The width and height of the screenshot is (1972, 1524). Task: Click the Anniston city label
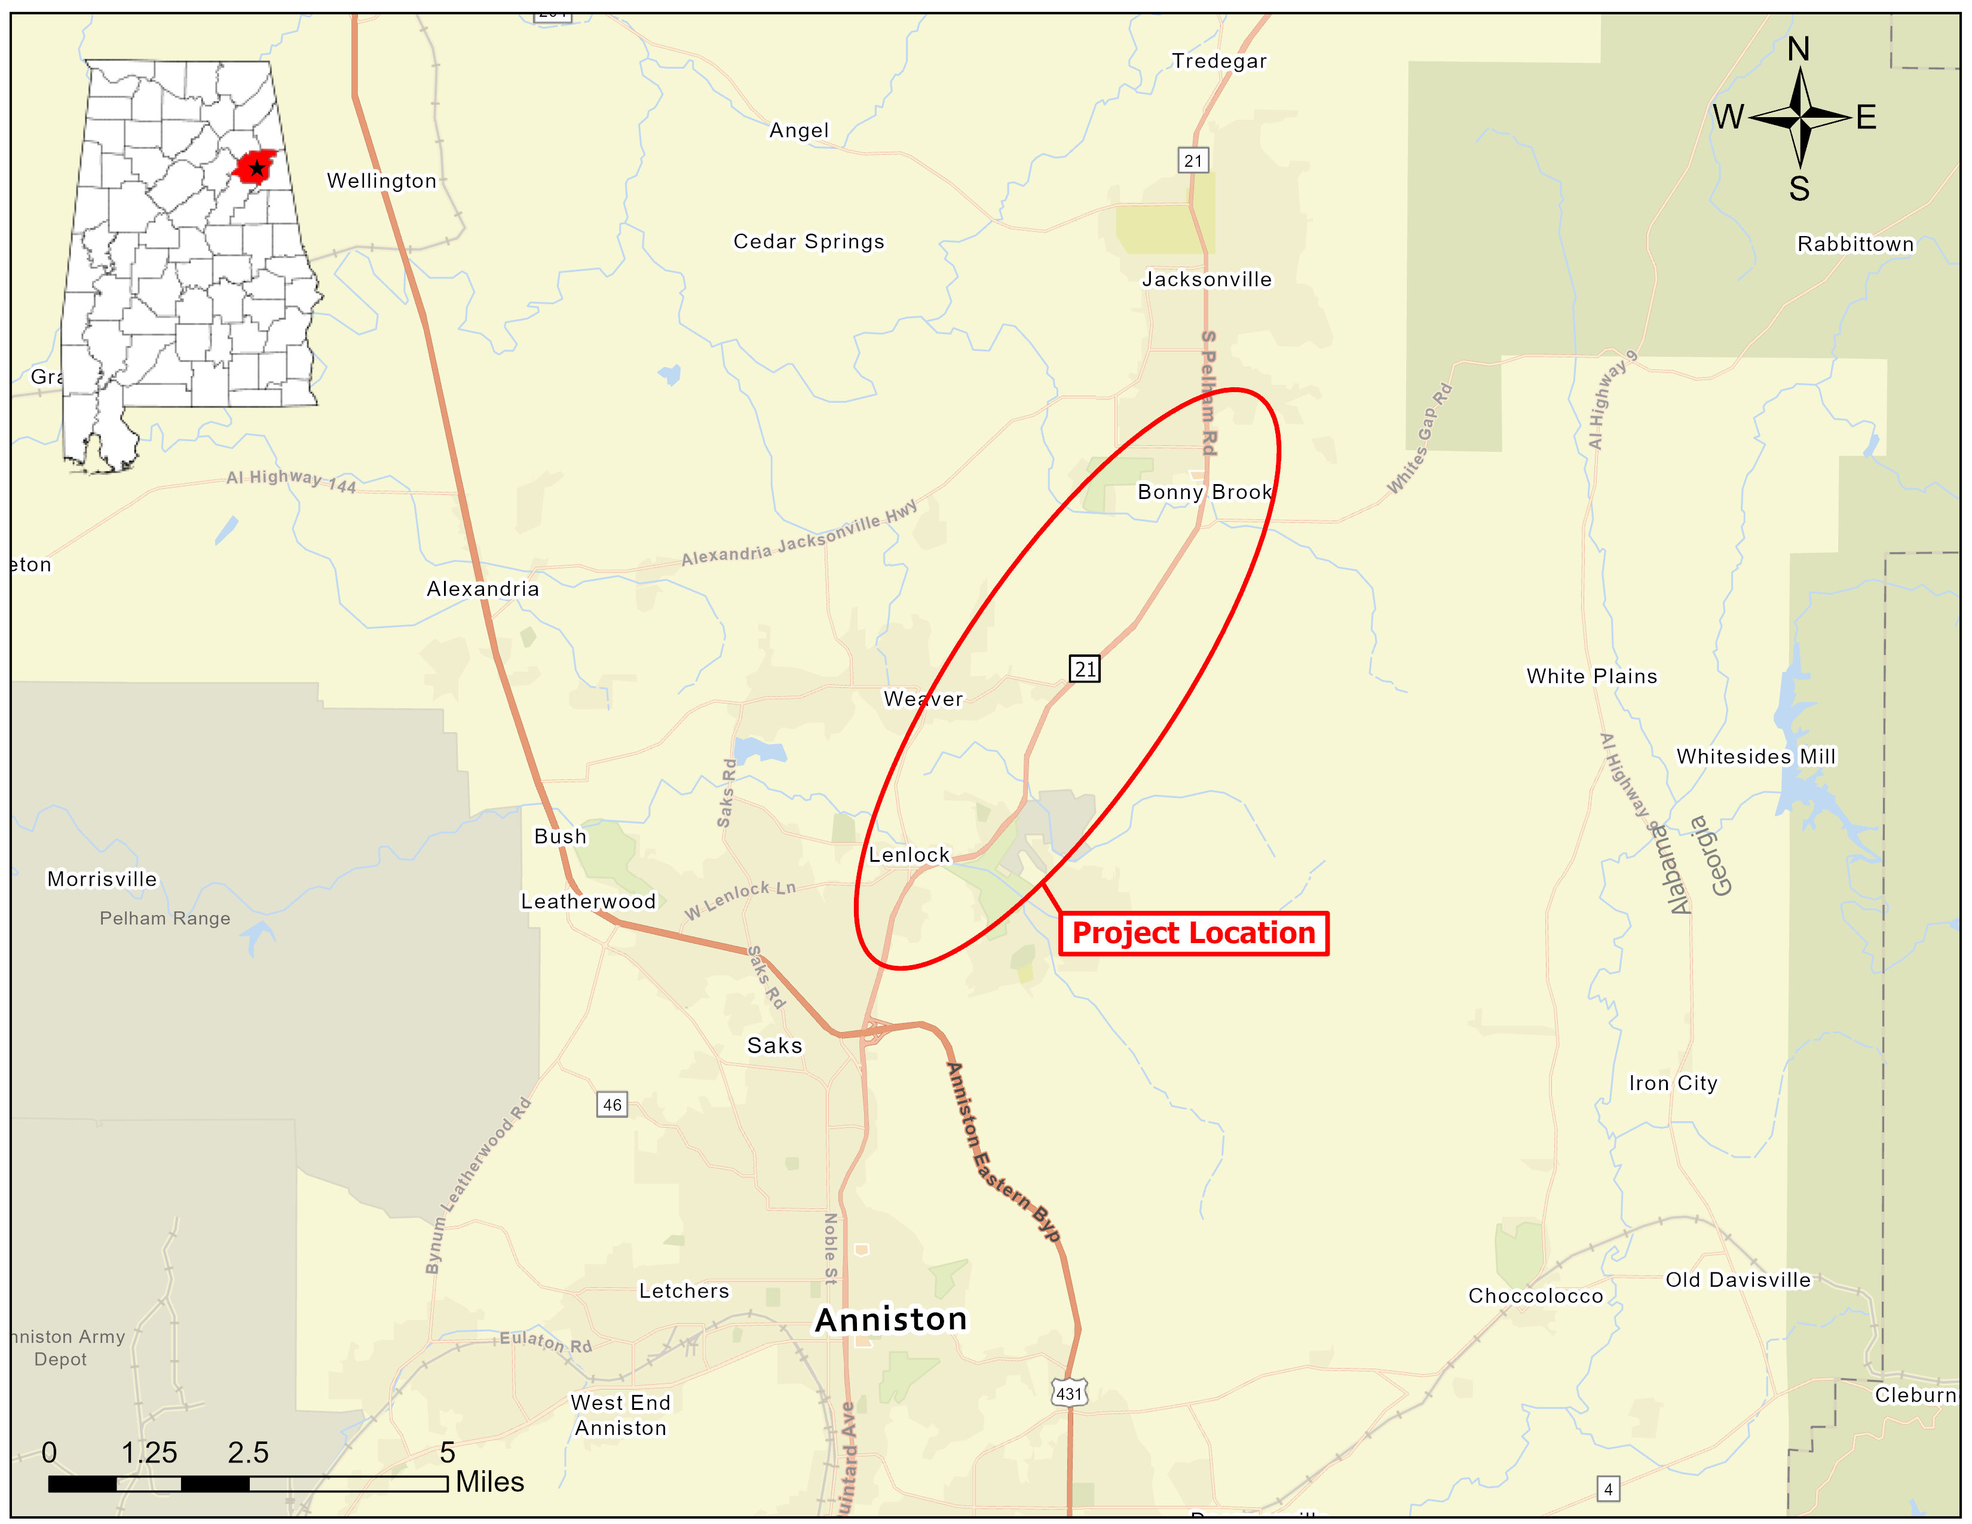890,1320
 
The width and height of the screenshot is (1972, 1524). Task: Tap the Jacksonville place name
1207,279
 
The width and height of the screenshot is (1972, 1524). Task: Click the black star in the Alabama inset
258,168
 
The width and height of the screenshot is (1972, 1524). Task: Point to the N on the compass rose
1799,49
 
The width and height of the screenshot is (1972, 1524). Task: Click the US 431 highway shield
1069,1393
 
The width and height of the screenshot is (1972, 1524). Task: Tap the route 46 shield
611,1104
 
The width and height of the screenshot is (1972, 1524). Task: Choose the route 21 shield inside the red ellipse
1085,669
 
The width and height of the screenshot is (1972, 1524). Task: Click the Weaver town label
923,699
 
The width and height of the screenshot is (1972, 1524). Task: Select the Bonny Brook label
1205,492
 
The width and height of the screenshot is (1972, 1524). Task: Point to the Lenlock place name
908,855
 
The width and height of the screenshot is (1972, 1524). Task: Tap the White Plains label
1591,676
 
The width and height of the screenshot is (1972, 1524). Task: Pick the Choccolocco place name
1535,1296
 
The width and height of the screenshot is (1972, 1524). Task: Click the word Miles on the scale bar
489,1482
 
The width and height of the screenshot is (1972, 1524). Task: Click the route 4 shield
1608,1489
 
